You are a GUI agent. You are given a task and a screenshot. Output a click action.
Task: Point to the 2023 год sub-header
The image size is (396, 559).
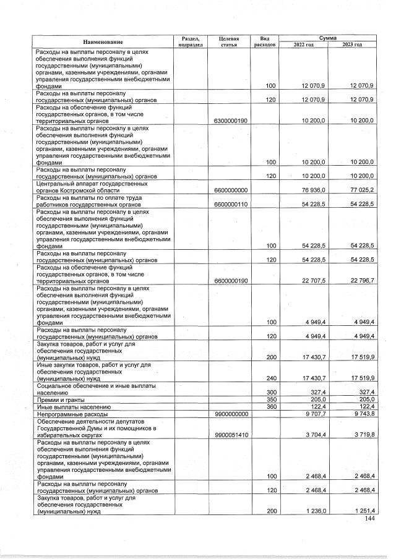[x=352, y=45]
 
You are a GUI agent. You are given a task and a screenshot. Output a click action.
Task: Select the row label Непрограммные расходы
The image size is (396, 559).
[x=72, y=415]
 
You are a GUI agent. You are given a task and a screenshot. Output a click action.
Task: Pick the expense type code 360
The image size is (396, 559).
[x=270, y=408]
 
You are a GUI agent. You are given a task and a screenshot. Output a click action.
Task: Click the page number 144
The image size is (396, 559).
[x=369, y=519]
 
